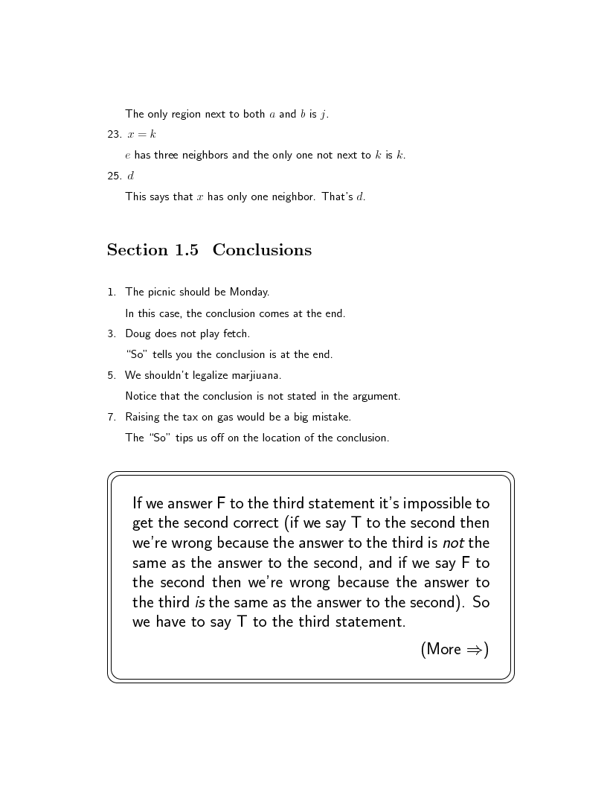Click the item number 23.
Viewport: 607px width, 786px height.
[114, 135]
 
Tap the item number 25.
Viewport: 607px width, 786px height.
[114, 176]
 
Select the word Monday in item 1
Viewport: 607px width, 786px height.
[248, 292]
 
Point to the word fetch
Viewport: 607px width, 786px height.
[236, 333]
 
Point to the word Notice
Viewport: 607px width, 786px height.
[141, 396]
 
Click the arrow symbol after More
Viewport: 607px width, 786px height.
[474, 650]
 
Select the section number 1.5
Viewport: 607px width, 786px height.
[187, 250]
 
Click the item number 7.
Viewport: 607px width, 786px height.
[111, 417]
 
